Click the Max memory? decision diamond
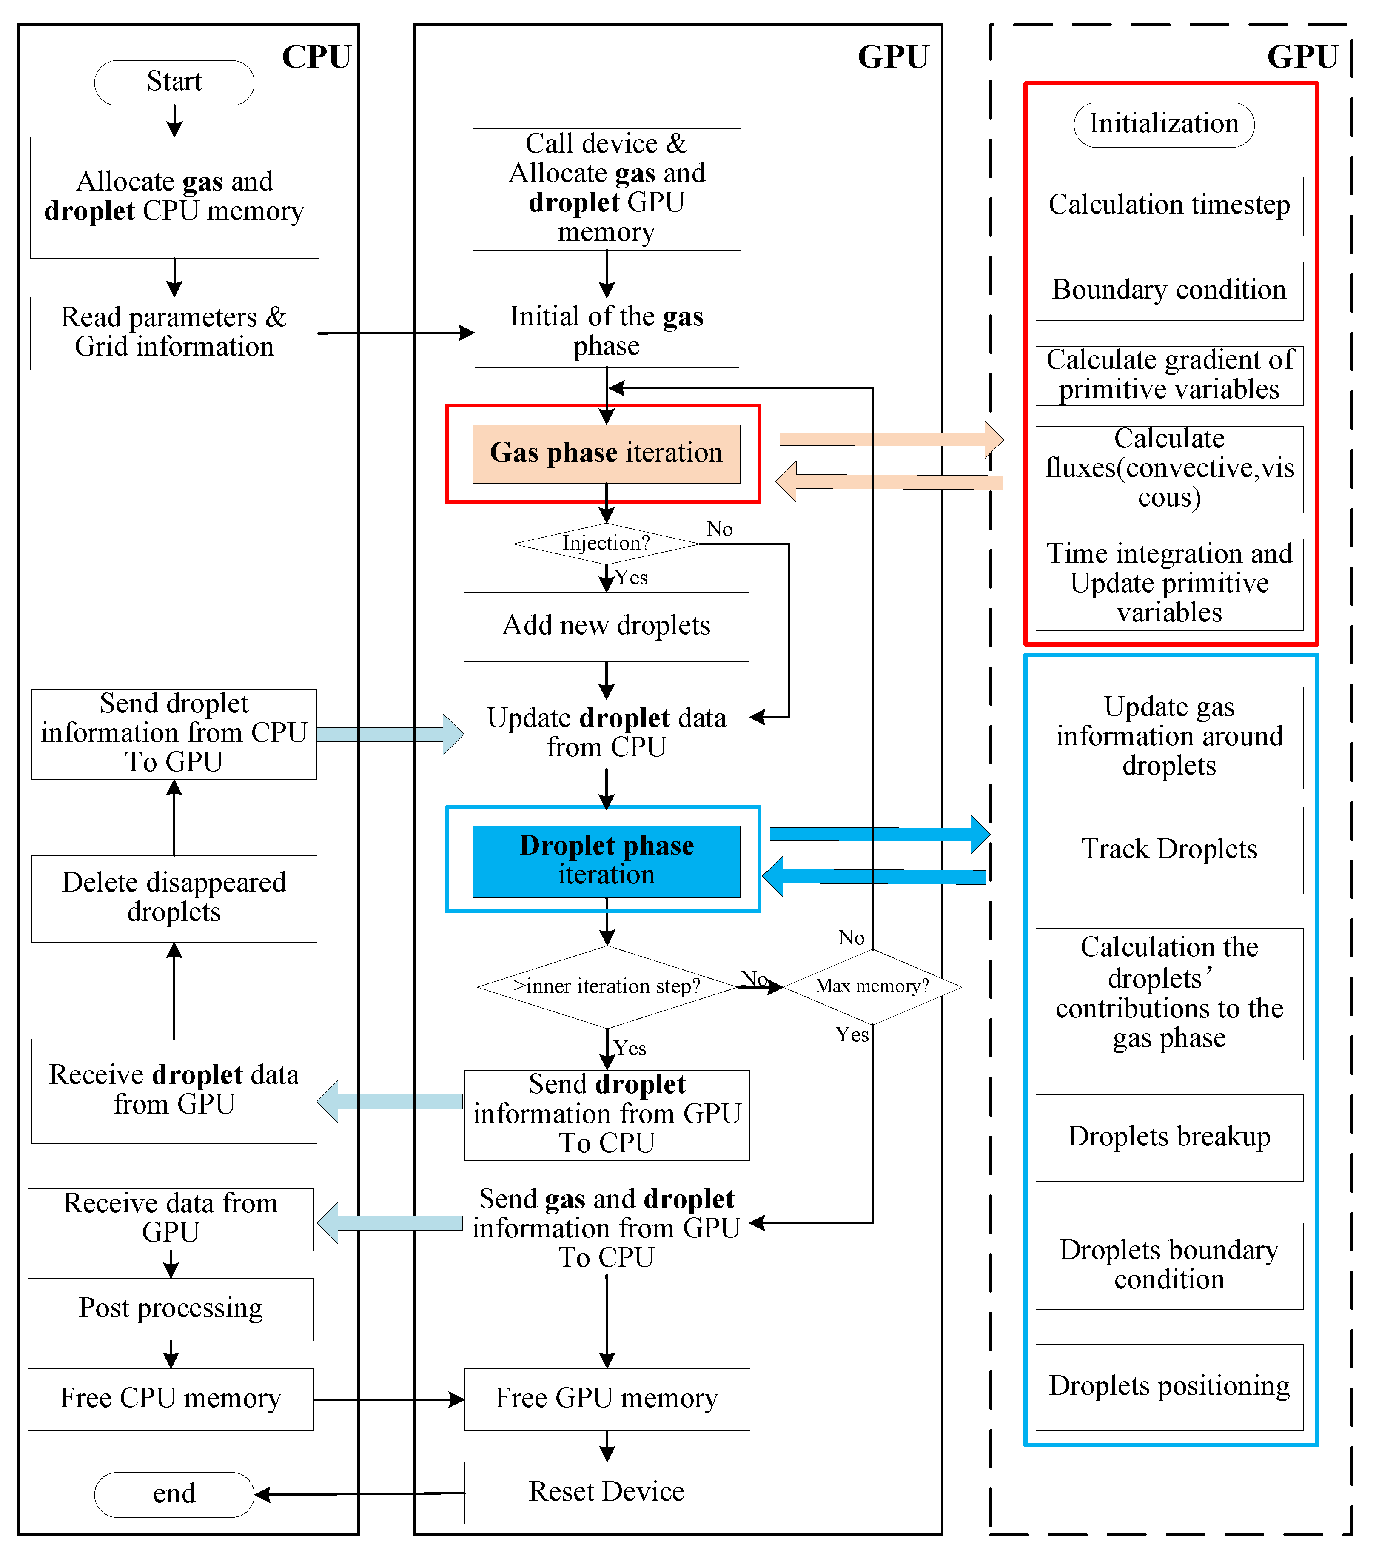coord(872,986)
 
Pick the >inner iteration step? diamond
coord(607,986)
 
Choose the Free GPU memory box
coord(607,1398)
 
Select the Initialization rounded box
coord(1164,124)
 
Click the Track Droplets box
coord(1169,849)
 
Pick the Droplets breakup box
coord(1169,1137)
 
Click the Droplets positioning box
coord(1169,1386)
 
